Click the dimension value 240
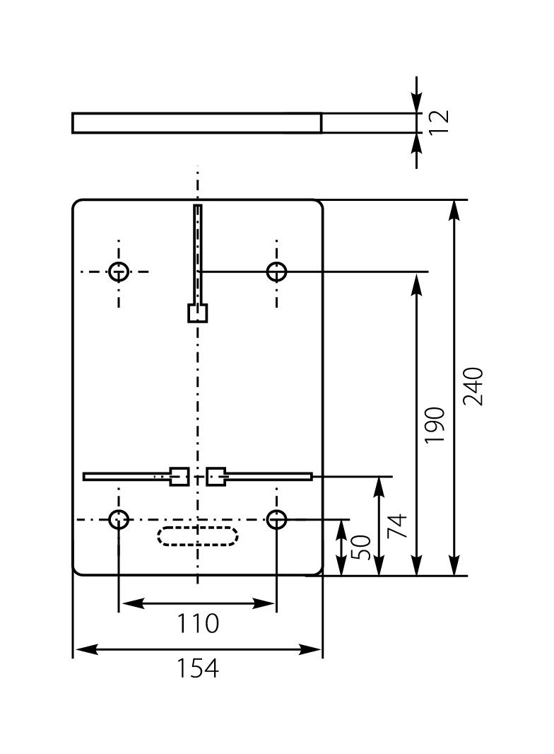point(473,386)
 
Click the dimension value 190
point(435,424)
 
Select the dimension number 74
point(397,526)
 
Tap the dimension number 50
point(360,547)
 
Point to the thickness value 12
point(439,122)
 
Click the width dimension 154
point(197,668)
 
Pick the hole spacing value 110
point(197,623)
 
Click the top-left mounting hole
point(119,271)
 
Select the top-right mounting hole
point(276,271)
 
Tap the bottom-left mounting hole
point(119,520)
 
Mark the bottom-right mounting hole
point(276,520)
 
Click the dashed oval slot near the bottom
point(197,535)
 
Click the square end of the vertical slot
point(198,313)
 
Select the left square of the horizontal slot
point(179,476)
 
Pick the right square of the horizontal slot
point(216,476)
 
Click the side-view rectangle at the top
point(196,122)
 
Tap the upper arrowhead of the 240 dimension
point(455,208)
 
